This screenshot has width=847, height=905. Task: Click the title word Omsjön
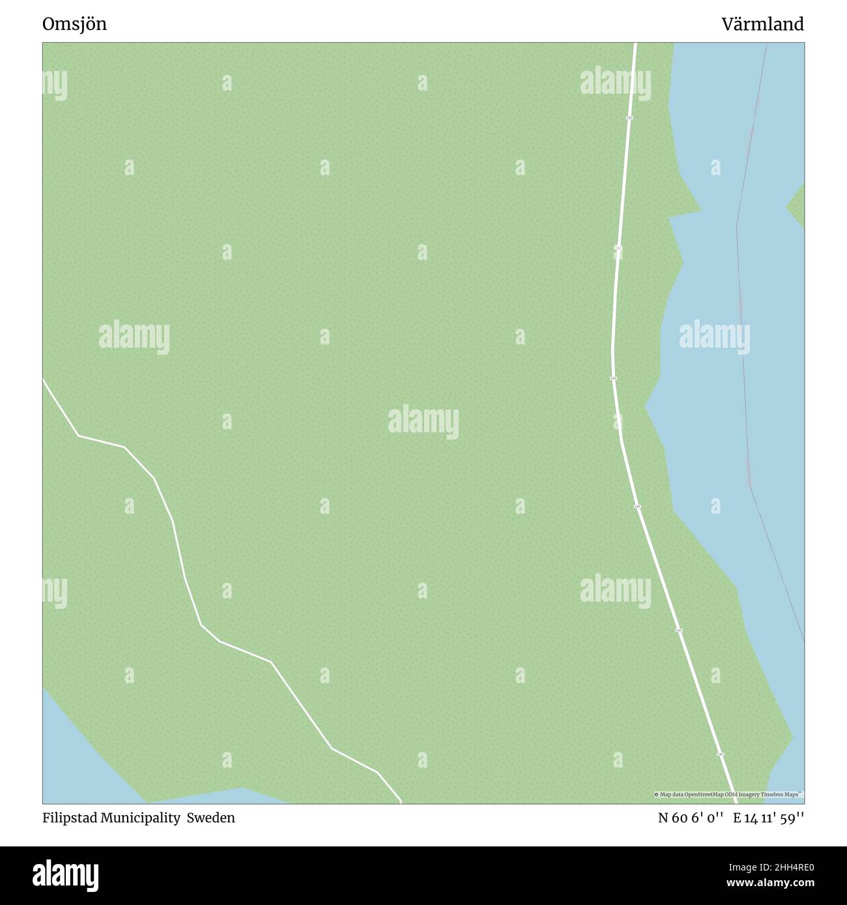(x=74, y=25)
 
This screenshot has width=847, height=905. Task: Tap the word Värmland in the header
(x=762, y=25)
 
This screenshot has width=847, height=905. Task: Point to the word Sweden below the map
(x=211, y=818)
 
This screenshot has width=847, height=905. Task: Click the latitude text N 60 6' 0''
(x=691, y=818)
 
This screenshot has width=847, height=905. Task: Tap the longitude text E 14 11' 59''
(x=768, y=818)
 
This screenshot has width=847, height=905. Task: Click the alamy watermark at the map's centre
(x=423, y=422)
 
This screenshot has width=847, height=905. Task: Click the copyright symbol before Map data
(x=656, y=794)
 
